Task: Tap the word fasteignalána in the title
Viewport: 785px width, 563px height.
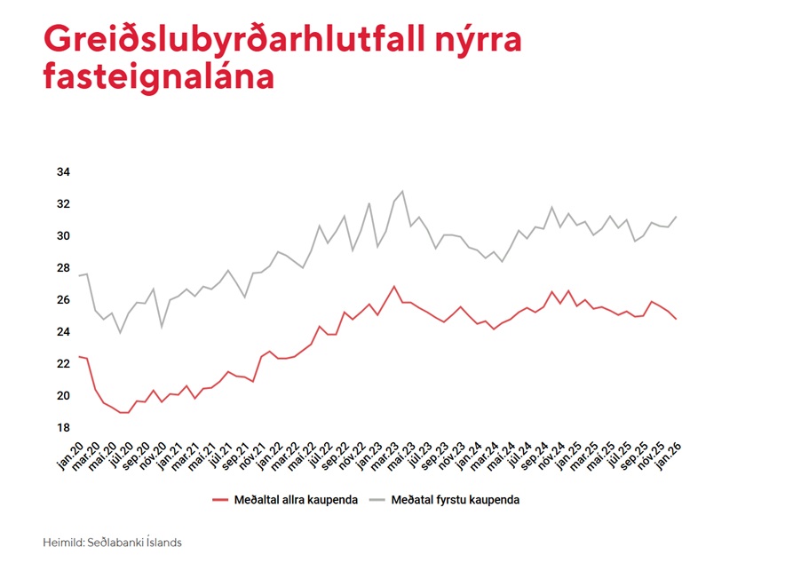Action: [158, 76]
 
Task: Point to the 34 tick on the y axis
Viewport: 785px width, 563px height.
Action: [63, 172]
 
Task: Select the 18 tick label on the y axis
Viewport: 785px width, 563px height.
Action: [63, 428]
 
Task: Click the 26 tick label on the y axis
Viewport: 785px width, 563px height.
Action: [63, 300]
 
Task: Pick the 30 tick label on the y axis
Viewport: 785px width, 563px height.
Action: [63, 236]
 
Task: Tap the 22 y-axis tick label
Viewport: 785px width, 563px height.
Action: [63, 364]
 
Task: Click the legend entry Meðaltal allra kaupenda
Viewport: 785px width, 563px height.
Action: [297, 500]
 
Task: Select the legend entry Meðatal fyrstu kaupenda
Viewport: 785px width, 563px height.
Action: [459, 500]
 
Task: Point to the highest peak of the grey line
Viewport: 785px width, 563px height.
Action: [402, 191]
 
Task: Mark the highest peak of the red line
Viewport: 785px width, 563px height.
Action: [393, 286]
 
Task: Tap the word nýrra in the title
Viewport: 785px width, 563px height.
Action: [480, 41]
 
